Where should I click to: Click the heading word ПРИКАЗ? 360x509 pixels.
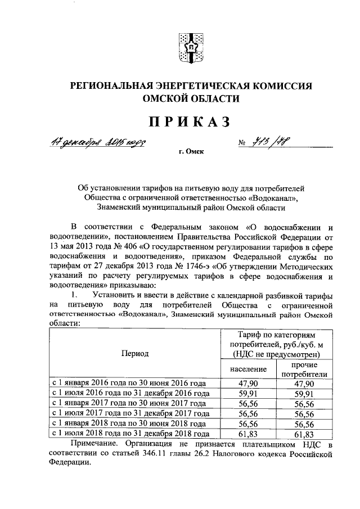(x=190, y=121)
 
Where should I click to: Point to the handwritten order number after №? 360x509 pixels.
(x=276, y=142)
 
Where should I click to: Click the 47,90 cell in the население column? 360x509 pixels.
(x=248, y=384)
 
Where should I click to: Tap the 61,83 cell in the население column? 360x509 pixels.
(x=248, y=434)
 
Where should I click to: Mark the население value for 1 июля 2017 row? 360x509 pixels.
(x=248, y=414)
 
